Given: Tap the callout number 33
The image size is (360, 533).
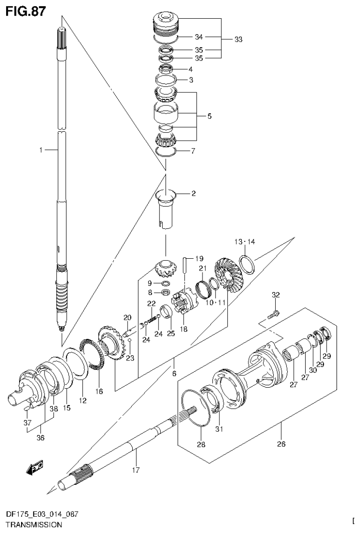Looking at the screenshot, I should point(238,40).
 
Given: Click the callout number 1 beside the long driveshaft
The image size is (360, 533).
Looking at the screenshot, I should point(41,150).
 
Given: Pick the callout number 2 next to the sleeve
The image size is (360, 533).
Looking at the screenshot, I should point(193,193).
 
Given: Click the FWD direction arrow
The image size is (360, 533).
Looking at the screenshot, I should point(34,467).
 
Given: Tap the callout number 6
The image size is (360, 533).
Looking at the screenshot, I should point(174,374).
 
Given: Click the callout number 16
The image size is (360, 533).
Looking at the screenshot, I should point(99,390).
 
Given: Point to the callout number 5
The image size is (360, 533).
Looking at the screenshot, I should point(210,116).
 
